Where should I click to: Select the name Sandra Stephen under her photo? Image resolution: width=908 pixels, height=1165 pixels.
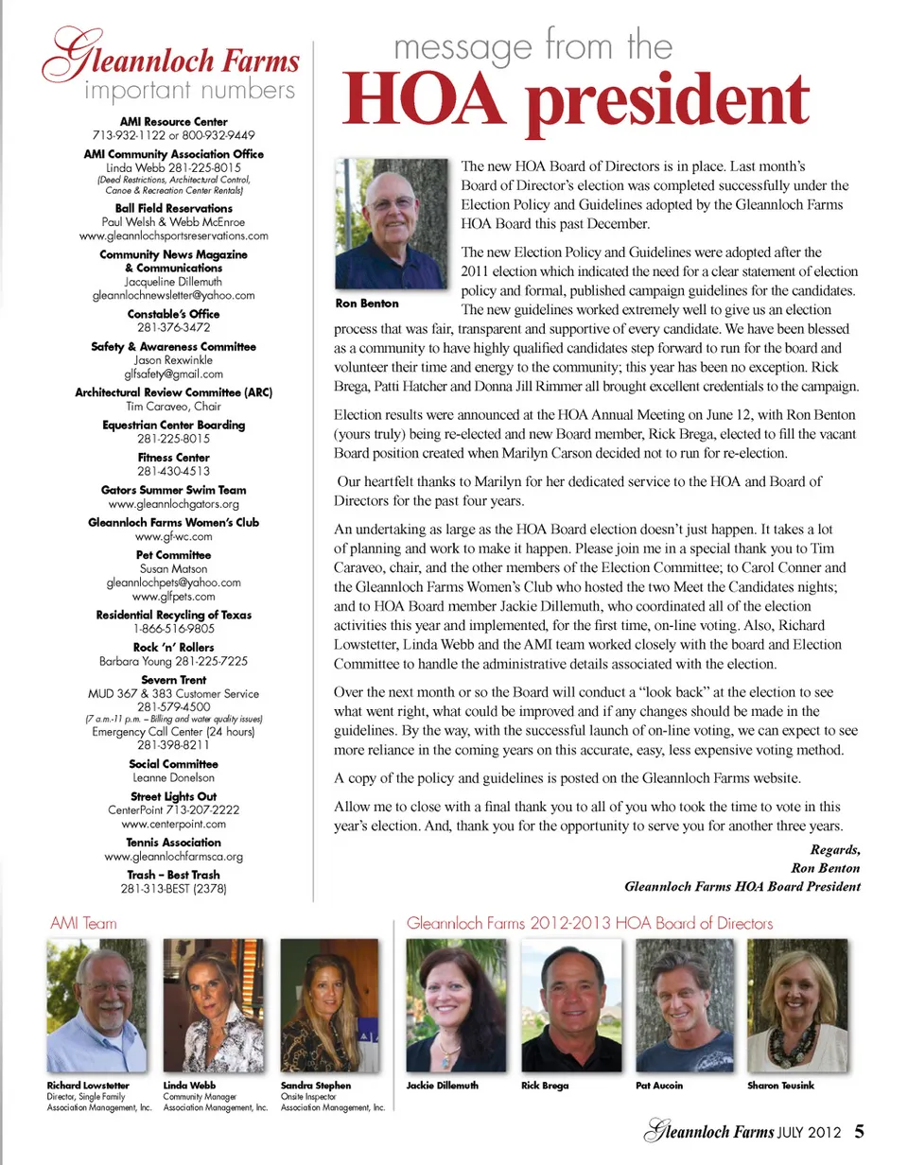click(x=316, y=1086)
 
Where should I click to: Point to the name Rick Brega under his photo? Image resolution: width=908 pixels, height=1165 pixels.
click(x=545, y=1086)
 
